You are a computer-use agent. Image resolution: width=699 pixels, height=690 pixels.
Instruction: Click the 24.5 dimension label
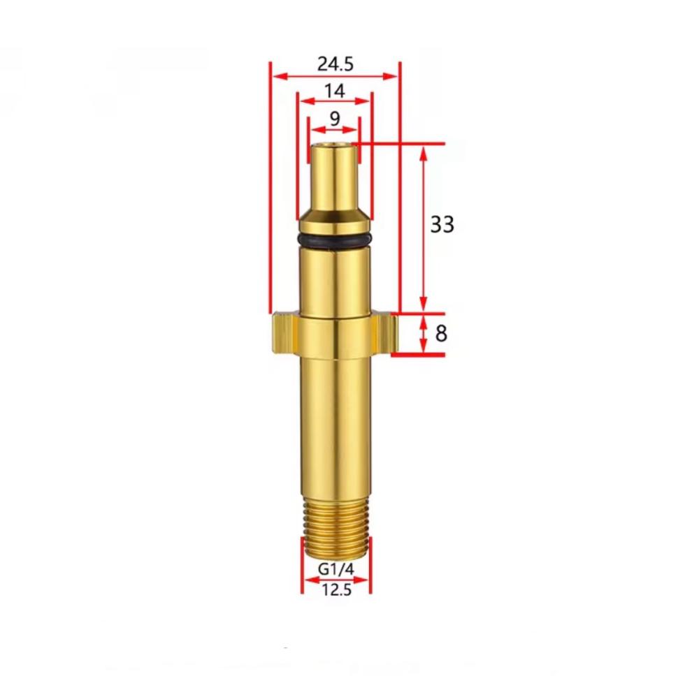point(336,64)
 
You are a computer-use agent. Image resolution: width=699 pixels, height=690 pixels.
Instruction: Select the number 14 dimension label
point(335,91)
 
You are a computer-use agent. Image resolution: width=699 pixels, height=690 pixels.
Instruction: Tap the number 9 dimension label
point(335,119)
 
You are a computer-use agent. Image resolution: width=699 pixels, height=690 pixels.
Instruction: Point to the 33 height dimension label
point(442,224)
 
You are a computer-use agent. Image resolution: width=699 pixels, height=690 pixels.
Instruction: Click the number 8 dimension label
point(440,333)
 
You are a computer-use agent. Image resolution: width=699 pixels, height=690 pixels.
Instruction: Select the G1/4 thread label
point(336,569)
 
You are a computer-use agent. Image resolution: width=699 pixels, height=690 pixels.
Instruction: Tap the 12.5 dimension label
point(337,590)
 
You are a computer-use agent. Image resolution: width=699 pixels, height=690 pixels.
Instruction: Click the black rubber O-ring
point(335,241)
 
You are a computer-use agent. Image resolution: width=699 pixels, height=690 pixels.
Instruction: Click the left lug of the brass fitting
point(285,332)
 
